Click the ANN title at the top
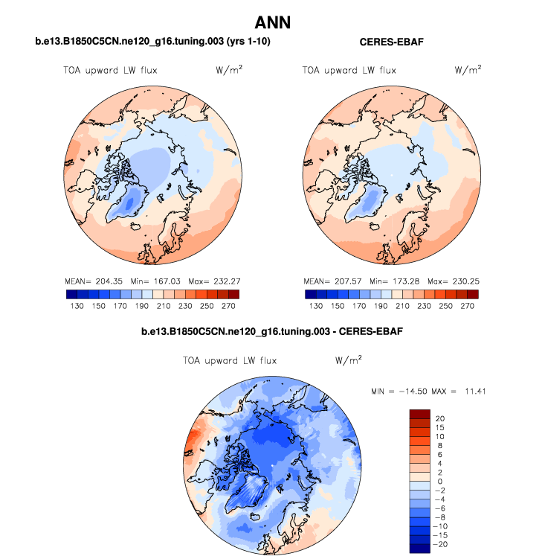[x=272, y=23]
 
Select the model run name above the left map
[x=152, y=42]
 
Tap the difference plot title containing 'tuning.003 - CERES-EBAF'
[x=272, y=330]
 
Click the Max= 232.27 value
[x=216, y=282]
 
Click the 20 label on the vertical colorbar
[x=440, y=419]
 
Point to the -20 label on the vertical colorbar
[x=438, y=544]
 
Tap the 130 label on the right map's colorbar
[x=316, y=306]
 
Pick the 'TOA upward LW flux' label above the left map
[x=109, y=71]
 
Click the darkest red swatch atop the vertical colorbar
[x=420, y=414]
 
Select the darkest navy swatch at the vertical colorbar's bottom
[x=420, y=549]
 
